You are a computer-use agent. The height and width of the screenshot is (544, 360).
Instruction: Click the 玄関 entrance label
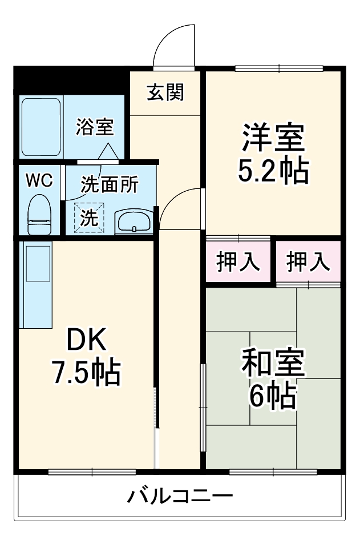point(165,92)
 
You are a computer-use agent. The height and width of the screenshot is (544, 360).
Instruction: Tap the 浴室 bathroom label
point(95,127)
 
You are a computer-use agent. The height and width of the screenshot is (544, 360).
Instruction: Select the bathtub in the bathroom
point(41,127)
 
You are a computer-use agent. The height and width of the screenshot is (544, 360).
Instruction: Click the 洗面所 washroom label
point(109,184)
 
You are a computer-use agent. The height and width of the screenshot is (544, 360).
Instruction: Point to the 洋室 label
point(273,137)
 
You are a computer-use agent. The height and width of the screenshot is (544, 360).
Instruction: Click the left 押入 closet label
point(238,261)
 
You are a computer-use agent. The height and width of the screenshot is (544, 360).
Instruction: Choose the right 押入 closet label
point(308,261)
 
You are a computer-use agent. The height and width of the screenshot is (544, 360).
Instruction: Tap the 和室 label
point(273,363)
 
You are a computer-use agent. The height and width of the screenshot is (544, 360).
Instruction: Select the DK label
point(86,341)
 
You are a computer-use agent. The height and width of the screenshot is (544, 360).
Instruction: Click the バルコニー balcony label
point(180,494)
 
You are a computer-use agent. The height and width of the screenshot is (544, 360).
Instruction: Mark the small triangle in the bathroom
point(108,152)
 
